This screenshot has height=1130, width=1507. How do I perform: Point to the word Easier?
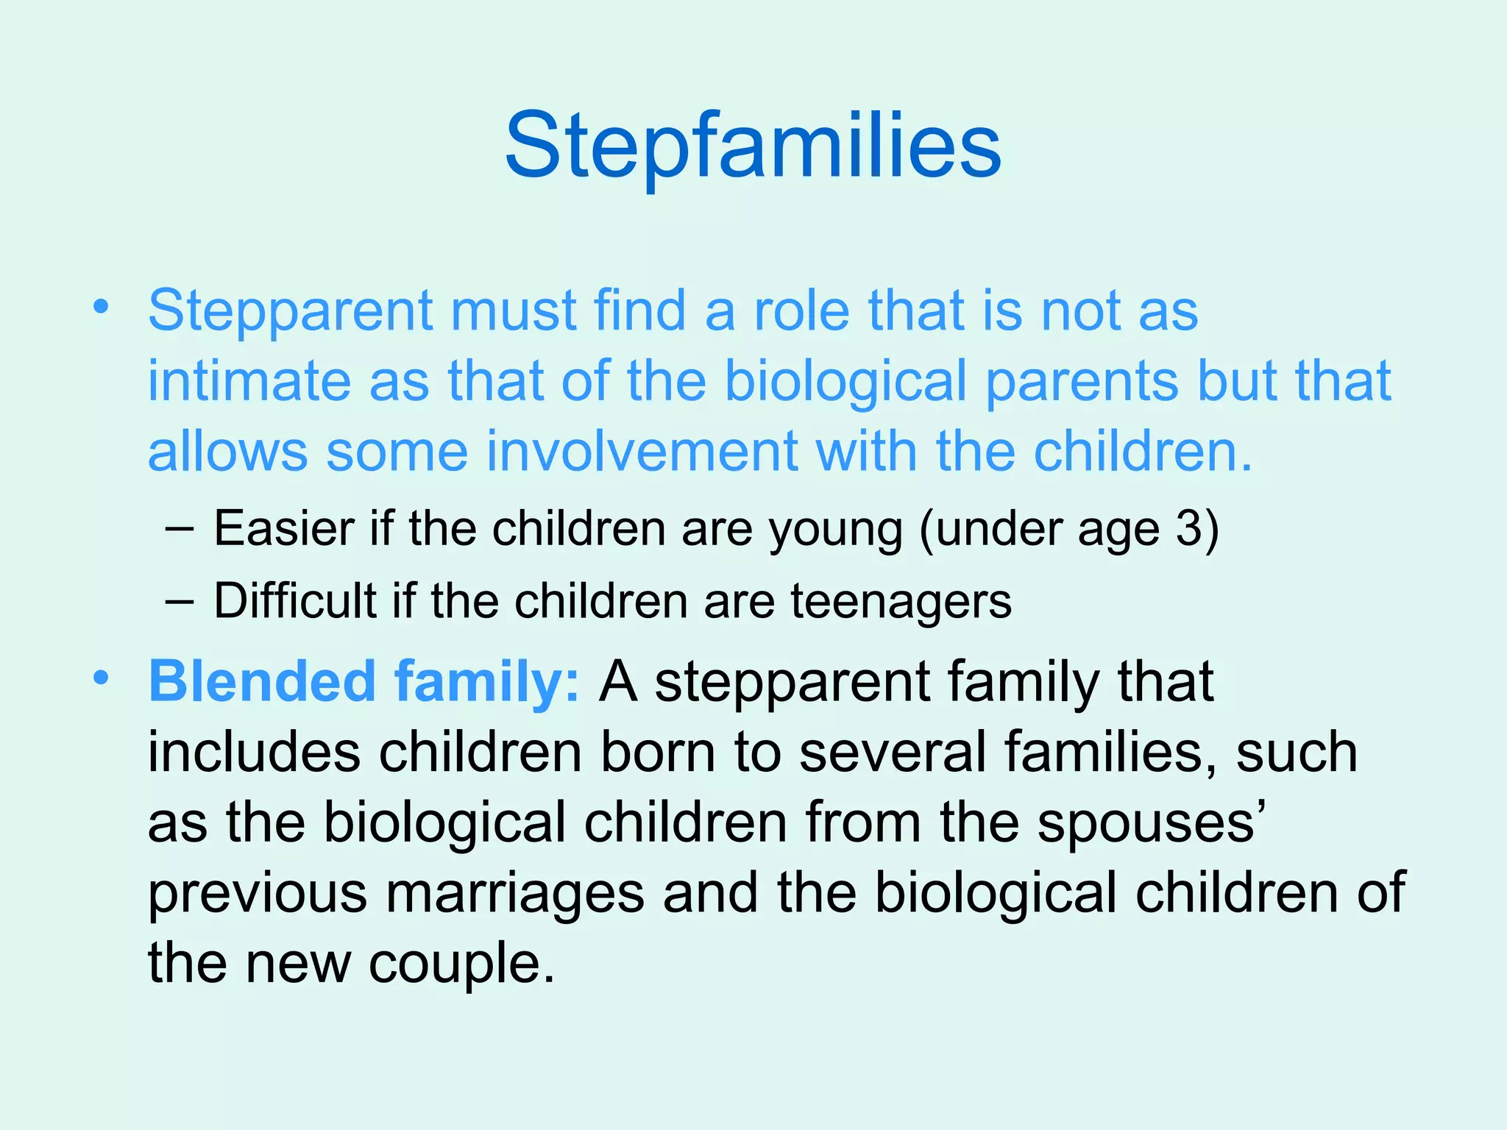284,528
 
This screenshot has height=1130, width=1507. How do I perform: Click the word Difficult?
294,601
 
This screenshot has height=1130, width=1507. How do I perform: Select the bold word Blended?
263,681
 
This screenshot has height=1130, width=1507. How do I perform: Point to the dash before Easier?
180,529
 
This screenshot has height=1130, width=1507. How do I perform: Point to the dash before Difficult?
180,602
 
